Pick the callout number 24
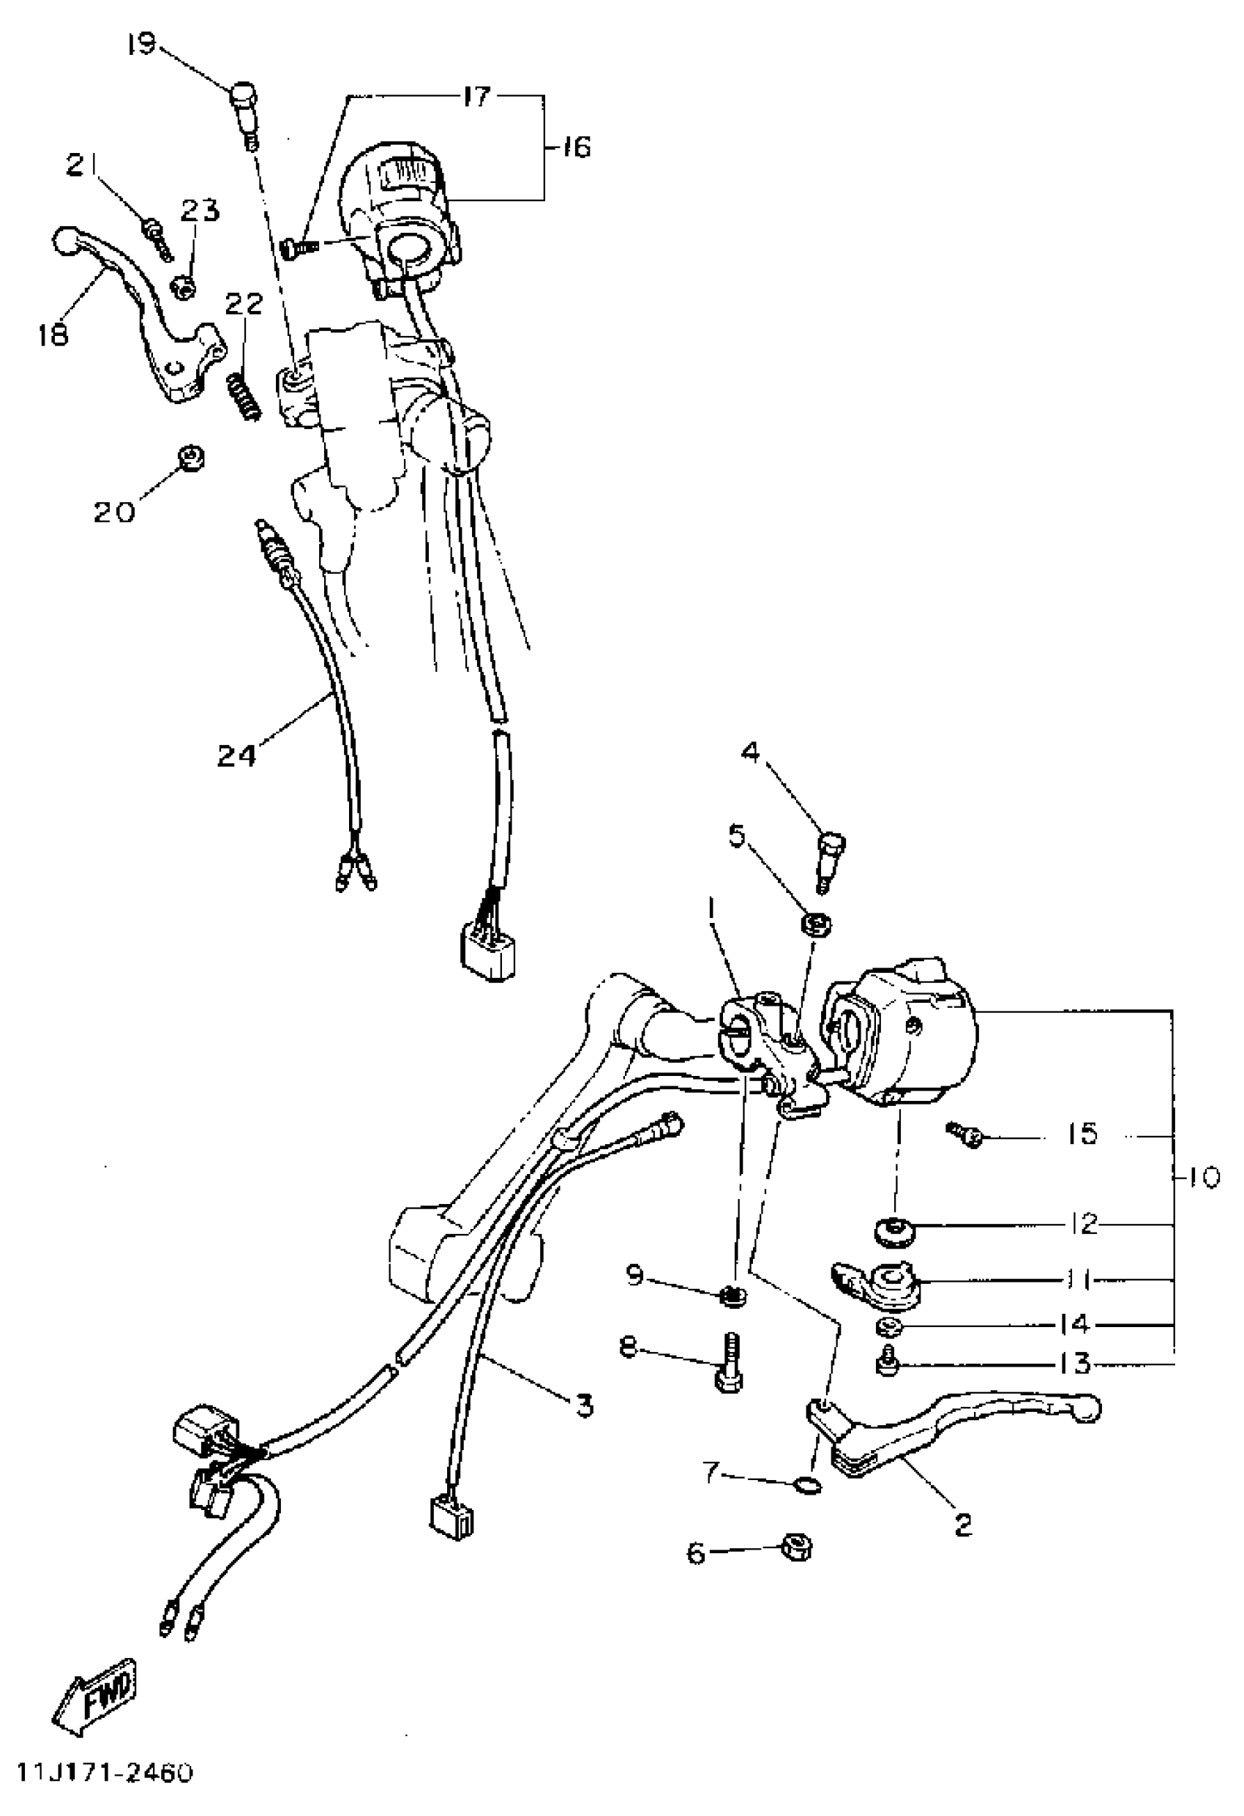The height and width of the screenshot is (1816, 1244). [236, 755]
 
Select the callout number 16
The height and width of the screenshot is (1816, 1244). [576, 146]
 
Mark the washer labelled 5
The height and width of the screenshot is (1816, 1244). [815, 926]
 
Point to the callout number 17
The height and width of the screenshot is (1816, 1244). [476, 97]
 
